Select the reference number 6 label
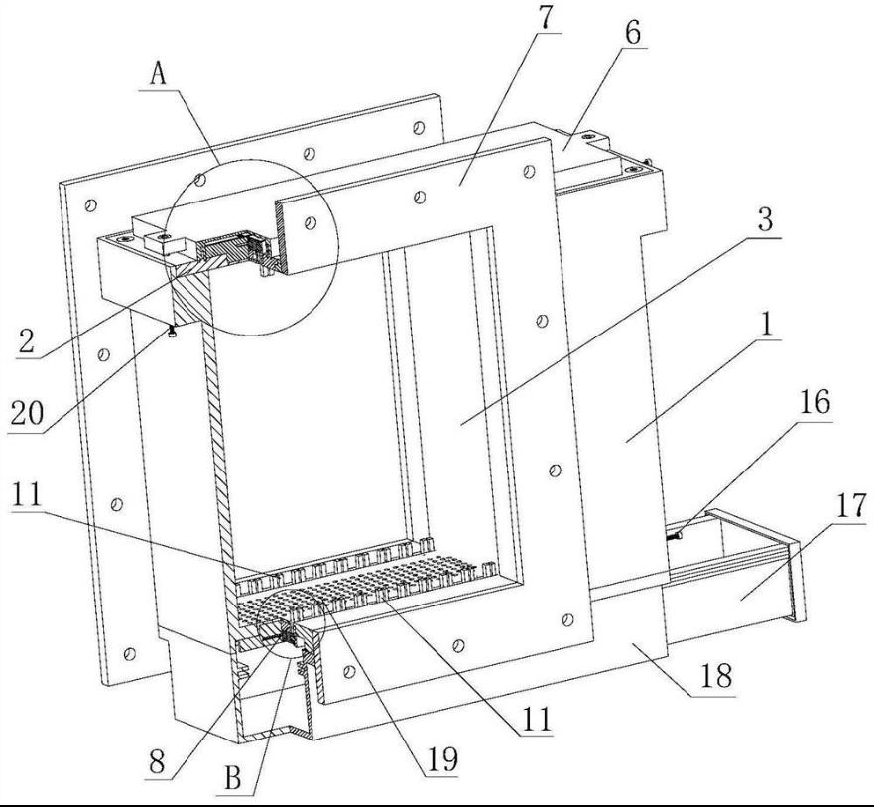point(632,34)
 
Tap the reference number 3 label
point(765,219)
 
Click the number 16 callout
point(814,402)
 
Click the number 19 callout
point(441,758)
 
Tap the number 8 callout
point(157,761)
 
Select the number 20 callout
point(26,414)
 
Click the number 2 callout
point(26,340)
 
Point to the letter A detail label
point(159,73)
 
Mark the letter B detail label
point(232,777)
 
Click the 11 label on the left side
point(26,494)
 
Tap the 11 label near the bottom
point(537,719)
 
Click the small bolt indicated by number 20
point(172,332)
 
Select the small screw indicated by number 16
point(674,536)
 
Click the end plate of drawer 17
point(796,581)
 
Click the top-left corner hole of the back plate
point(90,205)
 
